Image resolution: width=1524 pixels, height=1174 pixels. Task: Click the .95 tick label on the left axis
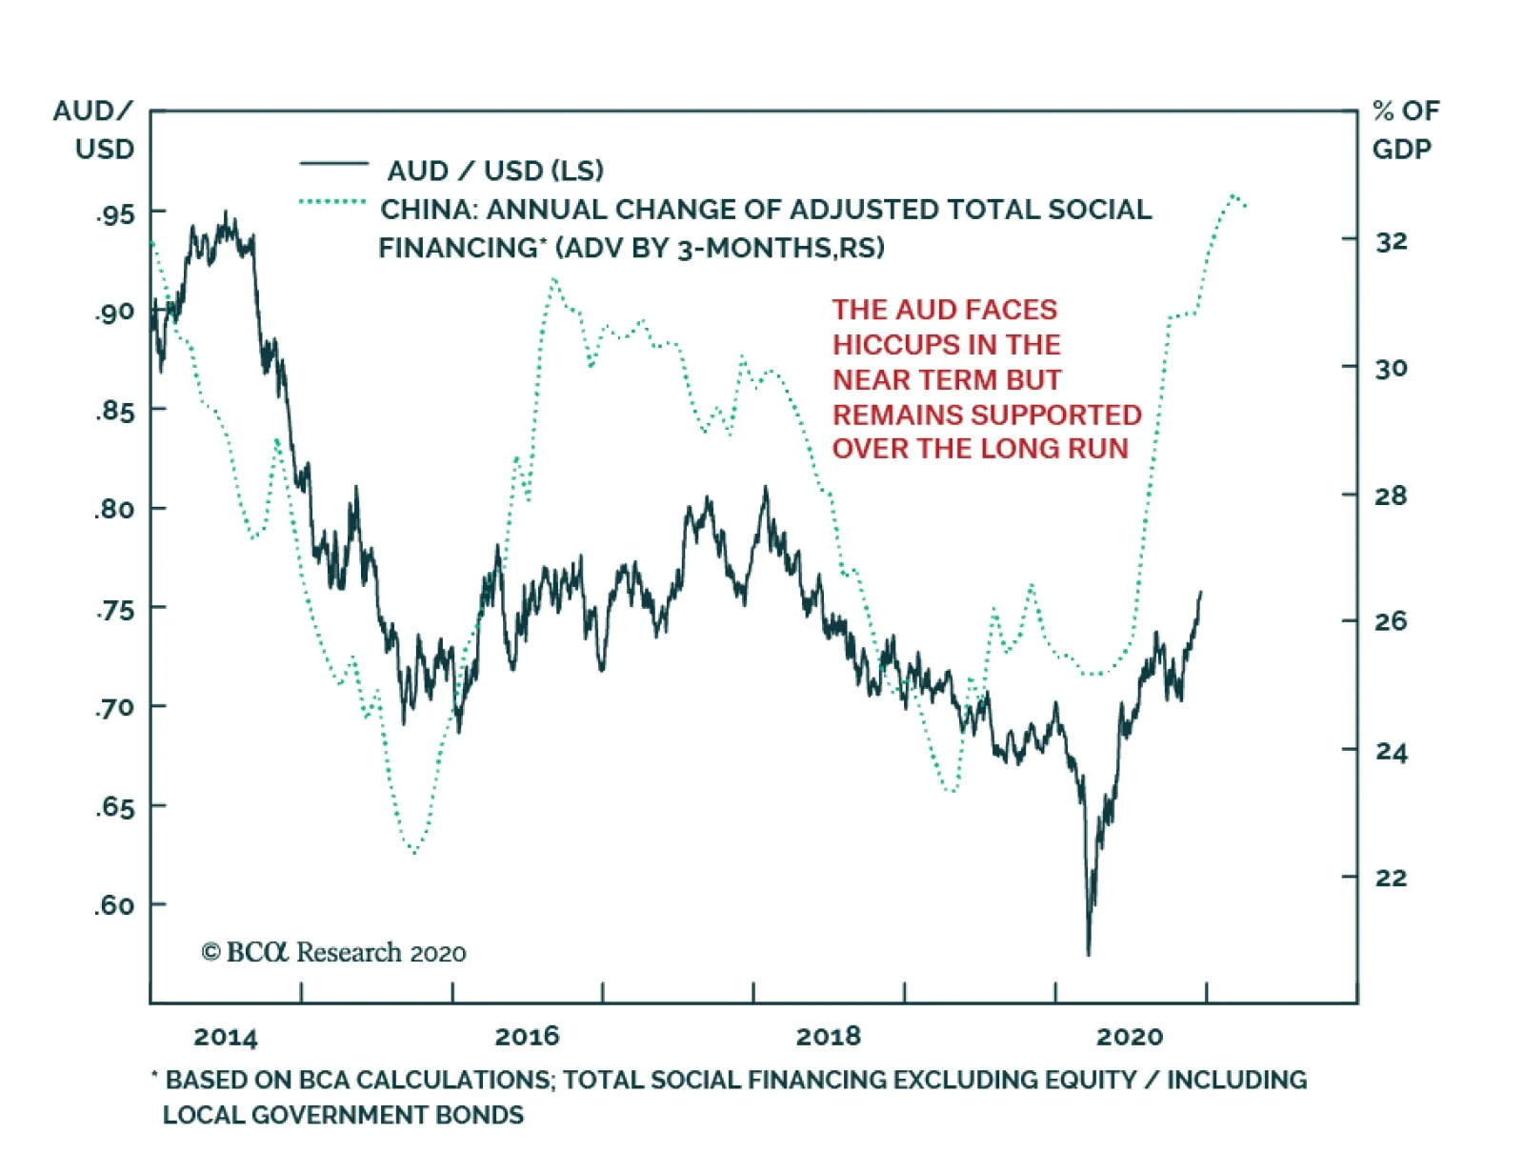[x=115, y=214]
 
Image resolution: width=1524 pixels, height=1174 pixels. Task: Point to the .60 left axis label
[x=114, y=905]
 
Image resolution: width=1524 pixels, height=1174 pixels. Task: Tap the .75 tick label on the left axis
[x=115, y=610]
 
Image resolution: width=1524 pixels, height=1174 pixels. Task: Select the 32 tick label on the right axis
[x=1391, y=242]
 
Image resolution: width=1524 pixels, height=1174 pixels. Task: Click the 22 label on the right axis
[x=1391, y=878]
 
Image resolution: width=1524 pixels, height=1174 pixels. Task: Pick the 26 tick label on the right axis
[x=1391, y=622]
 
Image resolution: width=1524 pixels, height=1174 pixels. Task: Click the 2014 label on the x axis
[x=226, y=1038]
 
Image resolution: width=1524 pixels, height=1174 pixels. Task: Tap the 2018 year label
[x=828, y=1037]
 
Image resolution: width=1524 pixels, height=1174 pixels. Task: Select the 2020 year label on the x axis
[x=1130, y=1037]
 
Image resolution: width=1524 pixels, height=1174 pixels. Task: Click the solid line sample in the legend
[x=333, y=165]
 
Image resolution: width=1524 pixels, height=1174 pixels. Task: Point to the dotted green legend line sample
[x=332, y=202]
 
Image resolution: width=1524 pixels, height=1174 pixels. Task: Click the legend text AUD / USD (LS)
[x=495, y=171]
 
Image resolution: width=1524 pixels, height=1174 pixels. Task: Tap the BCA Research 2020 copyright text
[x=333, y=952]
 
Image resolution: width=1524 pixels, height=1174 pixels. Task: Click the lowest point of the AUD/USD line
[x=1088, y=952]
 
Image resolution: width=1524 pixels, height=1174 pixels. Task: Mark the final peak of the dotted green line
[x=1233, y=195]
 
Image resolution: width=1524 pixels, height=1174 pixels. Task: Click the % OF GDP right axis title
[x=1406, y=130]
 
